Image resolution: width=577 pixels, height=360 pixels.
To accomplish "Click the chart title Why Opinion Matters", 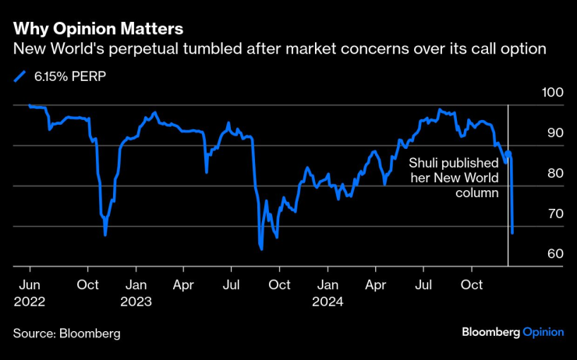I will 98,29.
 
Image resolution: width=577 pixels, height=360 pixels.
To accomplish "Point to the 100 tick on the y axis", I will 554,93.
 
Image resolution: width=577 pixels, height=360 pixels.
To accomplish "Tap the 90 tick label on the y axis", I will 554,133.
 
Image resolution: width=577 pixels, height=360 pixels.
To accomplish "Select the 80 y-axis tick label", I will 554,174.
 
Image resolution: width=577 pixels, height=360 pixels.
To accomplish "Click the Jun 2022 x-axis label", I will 29,291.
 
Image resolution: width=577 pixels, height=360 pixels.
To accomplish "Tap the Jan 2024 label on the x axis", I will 328,291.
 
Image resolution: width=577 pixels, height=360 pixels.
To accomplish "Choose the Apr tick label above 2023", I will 184,284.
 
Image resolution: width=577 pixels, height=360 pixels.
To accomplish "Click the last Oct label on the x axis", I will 472,284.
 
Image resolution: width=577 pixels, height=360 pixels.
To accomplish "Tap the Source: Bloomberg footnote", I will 67,334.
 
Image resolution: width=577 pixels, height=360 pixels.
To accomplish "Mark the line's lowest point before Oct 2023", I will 261,249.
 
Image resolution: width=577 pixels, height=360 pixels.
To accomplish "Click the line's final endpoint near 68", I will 512,233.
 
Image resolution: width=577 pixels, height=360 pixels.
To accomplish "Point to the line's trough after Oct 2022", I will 105,235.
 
